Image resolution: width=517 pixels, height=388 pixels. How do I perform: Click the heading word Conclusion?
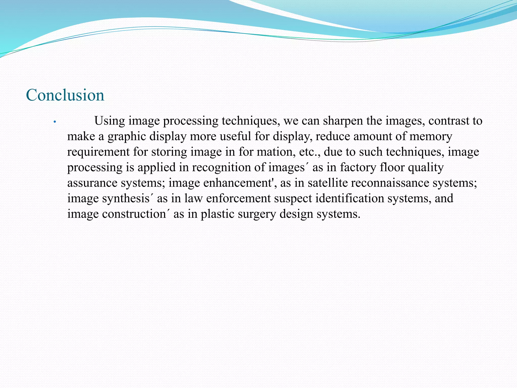(65, 95)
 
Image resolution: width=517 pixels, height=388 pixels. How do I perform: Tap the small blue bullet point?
(54, 122)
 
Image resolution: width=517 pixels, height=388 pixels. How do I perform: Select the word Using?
(110, 121)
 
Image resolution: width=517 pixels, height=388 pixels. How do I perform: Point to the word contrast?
(447, 121)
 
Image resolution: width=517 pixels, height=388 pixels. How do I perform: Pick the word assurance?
(92, 183)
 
